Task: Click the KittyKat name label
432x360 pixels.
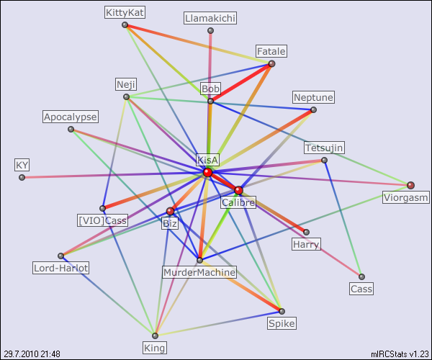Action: tap(125, 12)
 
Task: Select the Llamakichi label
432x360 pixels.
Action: tap(210, 18)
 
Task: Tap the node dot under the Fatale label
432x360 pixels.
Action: tap(271, 64)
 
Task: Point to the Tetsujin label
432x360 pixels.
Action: tap(324, 148)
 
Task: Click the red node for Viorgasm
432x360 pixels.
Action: tap(410, 185)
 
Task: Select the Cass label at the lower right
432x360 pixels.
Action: tap(361, 289)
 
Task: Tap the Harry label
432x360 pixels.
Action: tap(306, 245)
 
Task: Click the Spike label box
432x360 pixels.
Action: tap(282, 324)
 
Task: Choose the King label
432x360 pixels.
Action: tap(155, 348)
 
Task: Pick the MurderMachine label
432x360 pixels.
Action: tap(199, 272)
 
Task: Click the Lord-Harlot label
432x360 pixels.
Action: tap(61, 268)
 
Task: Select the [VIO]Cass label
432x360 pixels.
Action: tap(102, 220)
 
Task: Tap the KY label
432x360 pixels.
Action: tap(22, 165)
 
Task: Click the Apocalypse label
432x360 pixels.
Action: tap(71, 117)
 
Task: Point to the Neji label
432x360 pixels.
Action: tap(125, 84)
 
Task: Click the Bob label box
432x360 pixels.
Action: tap(210, 89)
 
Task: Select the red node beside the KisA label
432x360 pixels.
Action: tap(207, 172)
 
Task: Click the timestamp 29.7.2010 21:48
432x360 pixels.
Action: tap(32, 354)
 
